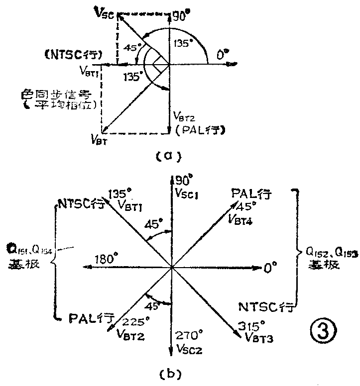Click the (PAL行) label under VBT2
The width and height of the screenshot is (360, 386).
click(x=198, y=131)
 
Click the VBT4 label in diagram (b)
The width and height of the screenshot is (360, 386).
click(x=240, y=217)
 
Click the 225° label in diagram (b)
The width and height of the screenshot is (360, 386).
click(x=134, y=321)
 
